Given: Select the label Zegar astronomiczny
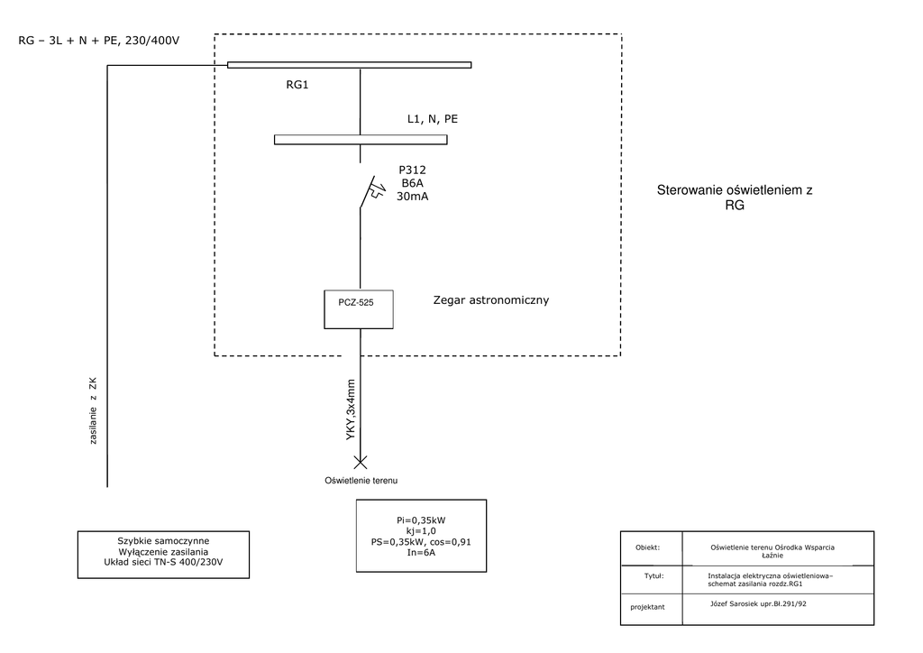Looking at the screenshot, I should point(490,299).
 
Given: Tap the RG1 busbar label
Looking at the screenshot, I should point(298,86).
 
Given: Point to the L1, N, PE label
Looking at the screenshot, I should point(433,118).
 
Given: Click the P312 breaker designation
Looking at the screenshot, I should point(413,170).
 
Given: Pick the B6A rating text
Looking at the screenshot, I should point(413,183).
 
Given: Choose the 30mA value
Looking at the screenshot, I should point(413,197).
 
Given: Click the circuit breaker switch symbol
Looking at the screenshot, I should point(368,193).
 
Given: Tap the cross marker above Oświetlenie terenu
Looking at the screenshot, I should point(360,463).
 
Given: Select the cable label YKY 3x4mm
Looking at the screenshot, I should point(351,409).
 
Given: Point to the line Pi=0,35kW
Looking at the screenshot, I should point(421,520).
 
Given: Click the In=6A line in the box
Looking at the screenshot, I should point(421,553).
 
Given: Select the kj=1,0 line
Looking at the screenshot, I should point(421,531).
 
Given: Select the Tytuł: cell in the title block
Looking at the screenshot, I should point(648,575).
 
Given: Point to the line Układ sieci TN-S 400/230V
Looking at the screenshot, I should point(163,562).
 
